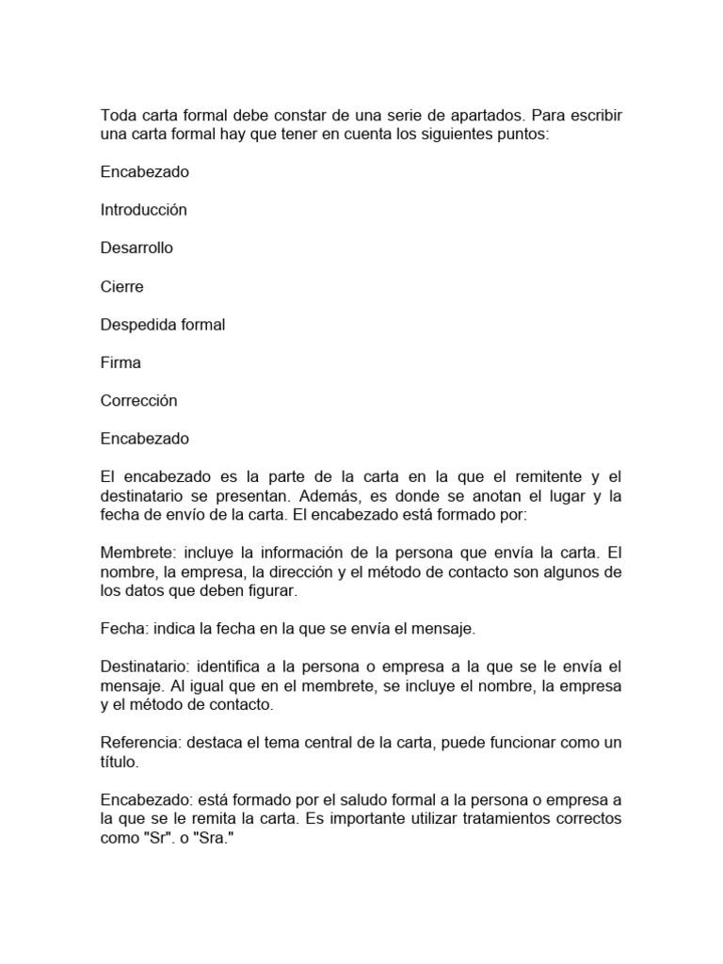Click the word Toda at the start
(117, 115)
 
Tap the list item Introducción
(143, 210)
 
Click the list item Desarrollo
(137, 248)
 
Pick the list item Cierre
(122, 286)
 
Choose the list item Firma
(120, 362)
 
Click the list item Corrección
(138, 401)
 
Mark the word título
(120, 763)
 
